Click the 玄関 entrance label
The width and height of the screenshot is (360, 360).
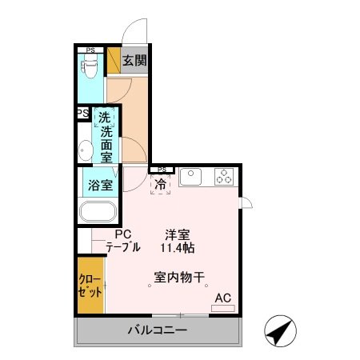134,59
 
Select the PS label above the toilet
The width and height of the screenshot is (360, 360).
90,50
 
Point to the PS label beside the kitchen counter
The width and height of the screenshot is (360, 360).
162,169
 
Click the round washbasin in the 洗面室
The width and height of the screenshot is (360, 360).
85,149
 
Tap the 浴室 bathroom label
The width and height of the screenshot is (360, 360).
99,185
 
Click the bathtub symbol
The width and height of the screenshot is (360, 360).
98,214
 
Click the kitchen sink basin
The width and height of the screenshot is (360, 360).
192,177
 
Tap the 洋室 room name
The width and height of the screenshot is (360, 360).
177,234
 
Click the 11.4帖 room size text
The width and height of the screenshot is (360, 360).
177,248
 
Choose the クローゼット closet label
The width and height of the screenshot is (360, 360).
90,285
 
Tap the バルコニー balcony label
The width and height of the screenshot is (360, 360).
158,330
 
